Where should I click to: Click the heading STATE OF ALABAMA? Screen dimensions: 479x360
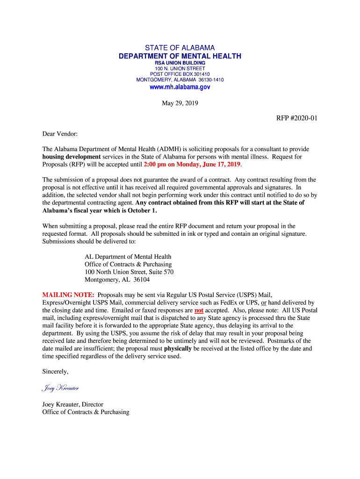(x=180, y=48)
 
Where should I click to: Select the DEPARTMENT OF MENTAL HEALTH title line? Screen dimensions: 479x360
(x=180, y=56)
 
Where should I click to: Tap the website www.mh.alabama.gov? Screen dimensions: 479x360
(x=180, y=87)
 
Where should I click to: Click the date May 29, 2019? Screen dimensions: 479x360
(x=180, y=103)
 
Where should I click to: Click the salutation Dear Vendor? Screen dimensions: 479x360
(x=60, y=134)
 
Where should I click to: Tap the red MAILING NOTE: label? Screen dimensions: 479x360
(x=68, y=295)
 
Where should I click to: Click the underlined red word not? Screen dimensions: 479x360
(x=199, y=310)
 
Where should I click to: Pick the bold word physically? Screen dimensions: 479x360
(x=178, y=348)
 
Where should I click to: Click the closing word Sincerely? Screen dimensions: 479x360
(x=55, y=371)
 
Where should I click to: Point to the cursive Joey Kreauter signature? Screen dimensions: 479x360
(x=60, y=388)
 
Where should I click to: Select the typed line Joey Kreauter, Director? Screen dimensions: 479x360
(x=72, y=404)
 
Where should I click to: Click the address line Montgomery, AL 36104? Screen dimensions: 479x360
(x=117, y=280)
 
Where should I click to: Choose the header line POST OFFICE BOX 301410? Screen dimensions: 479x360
(x=180, y=74)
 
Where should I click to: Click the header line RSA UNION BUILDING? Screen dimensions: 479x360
(x=180, y=63)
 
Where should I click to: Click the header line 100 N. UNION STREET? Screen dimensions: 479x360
(x=180, y=68)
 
